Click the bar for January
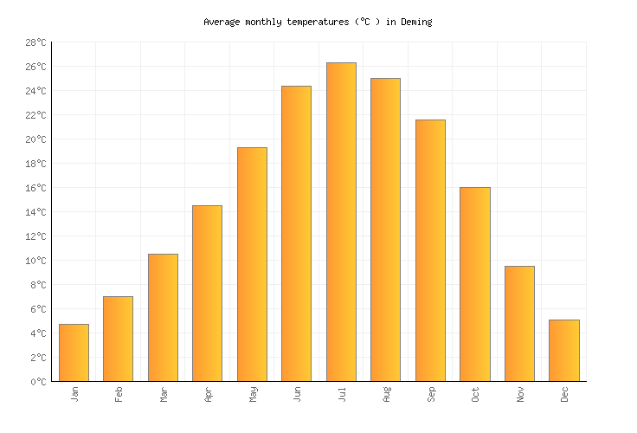click(74, 352)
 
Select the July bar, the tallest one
click(341, 222)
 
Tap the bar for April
click(207, 293)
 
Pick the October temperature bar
click(474, 284)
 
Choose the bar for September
click(430, 250)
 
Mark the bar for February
click(118, 339)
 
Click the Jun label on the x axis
click(297, 394)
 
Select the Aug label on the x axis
click(386, 394)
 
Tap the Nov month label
click(520, 394)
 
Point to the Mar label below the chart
click(164, 394)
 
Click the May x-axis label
click(253, 394)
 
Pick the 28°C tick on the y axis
click(35, 42)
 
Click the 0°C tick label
click(38, 382)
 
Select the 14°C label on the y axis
click(35, 212)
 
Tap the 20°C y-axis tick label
click(35, 139)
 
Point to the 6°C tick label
click(38, 309)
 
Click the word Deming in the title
click(416, 22)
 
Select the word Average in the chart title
click(222, 22)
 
